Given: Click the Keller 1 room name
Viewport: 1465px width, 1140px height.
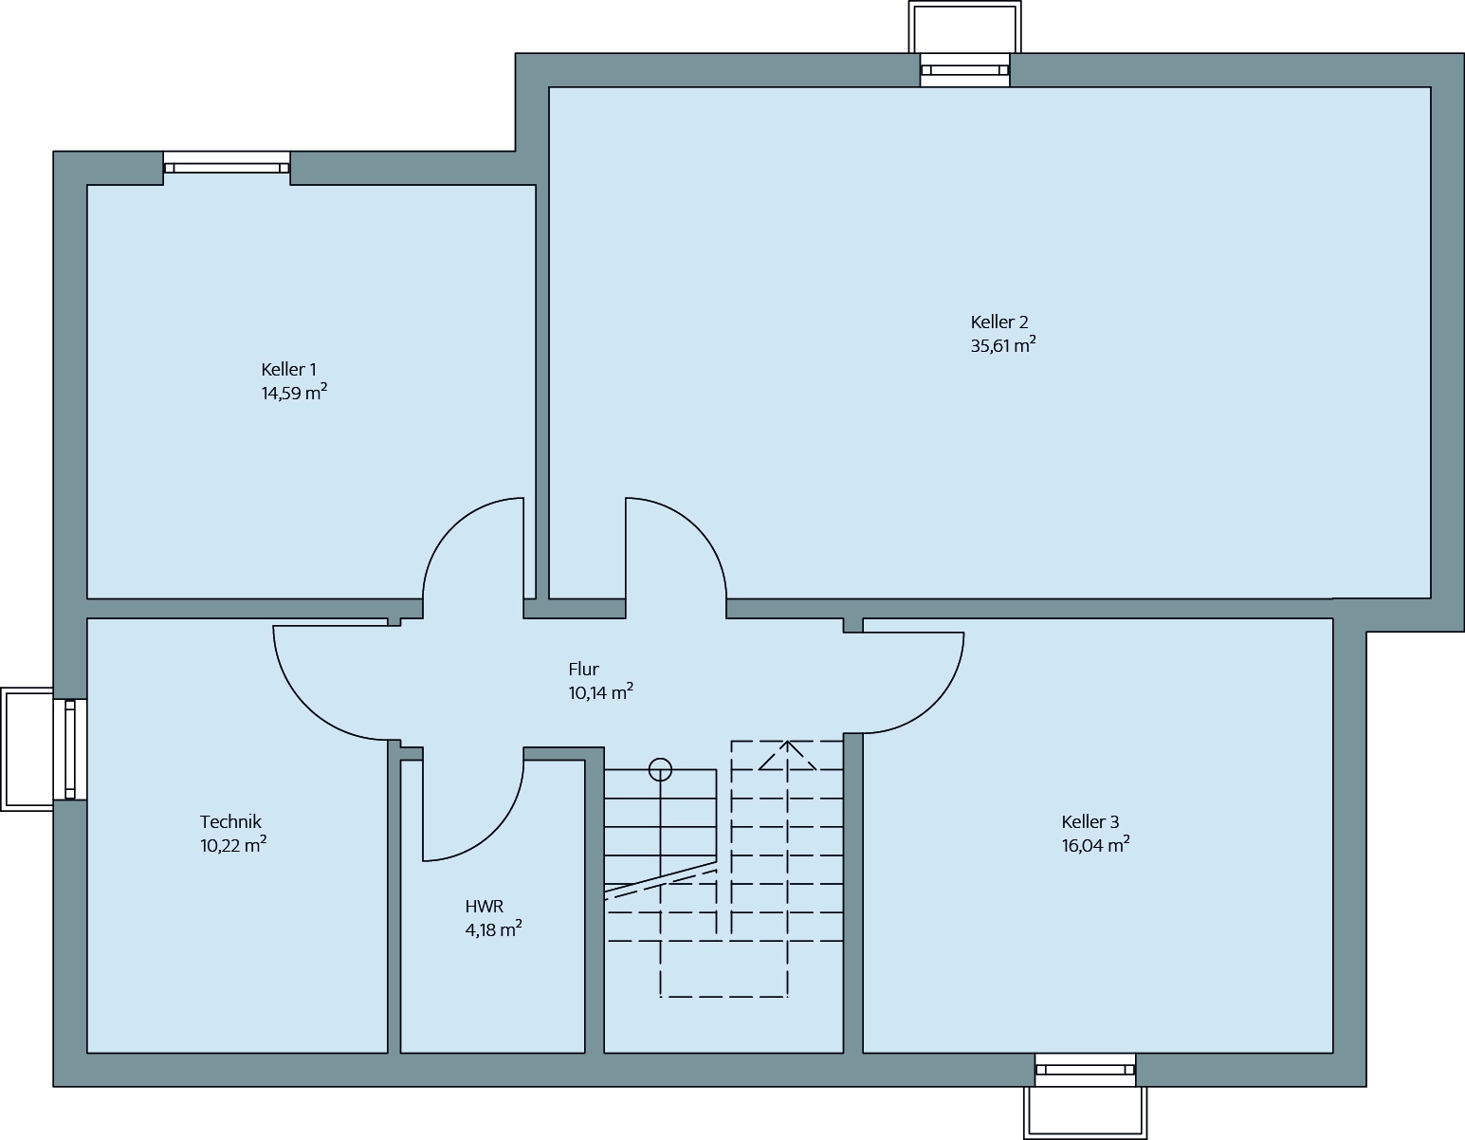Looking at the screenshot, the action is (288, 370).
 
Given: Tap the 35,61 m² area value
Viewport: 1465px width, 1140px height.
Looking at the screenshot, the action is (1003, 344).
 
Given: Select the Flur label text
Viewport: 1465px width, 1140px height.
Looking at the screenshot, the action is (583, 669).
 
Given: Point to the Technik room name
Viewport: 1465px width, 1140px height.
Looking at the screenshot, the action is (230, 821).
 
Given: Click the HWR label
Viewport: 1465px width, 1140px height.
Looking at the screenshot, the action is (484, 906).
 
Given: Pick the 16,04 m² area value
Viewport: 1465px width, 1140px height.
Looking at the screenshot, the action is (1095, 845).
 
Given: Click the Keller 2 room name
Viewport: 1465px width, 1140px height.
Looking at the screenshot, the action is (999, 322).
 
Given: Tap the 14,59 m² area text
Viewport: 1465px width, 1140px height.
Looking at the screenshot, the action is (295, 393).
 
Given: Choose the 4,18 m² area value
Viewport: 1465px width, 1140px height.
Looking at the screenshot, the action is (493, 929).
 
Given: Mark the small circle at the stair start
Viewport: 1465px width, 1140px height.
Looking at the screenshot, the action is (660, 769).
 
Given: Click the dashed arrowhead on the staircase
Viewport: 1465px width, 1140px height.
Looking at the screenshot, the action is (787, 755).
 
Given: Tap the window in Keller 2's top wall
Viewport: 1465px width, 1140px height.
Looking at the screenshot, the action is (964, 70).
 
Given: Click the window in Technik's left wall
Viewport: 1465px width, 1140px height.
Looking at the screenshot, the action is (70, 749).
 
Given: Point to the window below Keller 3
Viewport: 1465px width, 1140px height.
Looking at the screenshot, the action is (1086, 1070).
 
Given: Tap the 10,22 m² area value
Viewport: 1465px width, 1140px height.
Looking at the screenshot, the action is (233, 845).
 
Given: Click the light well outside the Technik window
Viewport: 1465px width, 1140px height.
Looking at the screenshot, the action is (27, 749).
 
